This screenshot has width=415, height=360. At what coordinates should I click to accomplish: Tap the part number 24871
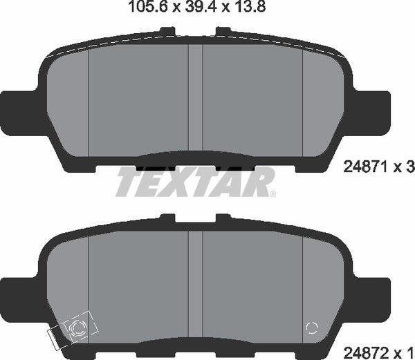pos(364,167)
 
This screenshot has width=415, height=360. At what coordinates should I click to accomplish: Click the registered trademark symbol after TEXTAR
pos(272,193)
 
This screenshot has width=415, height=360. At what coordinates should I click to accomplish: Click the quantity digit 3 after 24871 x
pos(409,167)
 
